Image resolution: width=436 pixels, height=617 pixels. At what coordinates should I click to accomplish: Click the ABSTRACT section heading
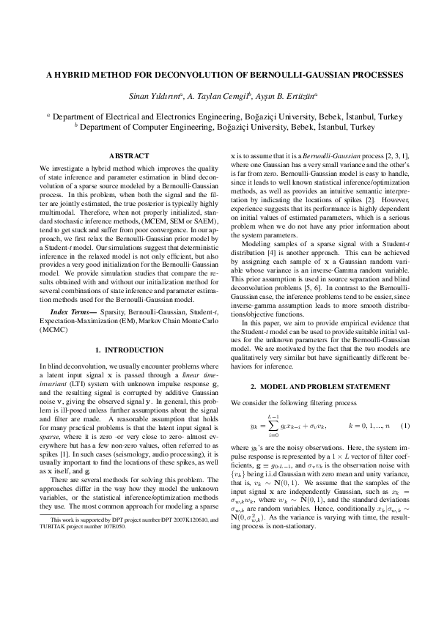pyautogui.click(x=129, y=156)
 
